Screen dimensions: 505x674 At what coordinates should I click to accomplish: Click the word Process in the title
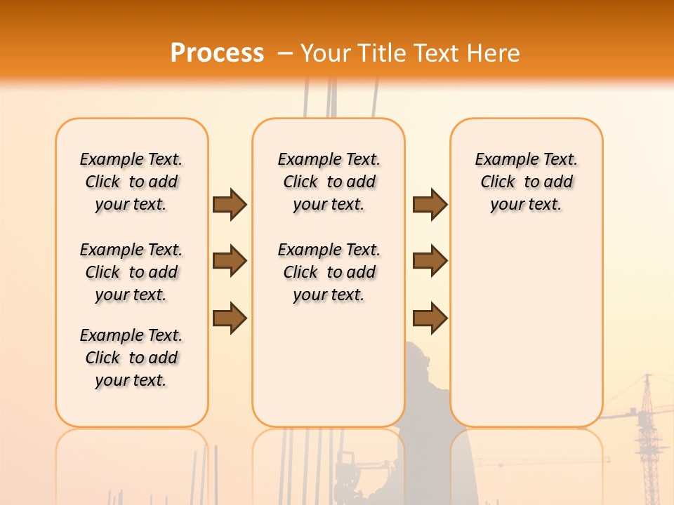pyautogui.click(x=217, y=53)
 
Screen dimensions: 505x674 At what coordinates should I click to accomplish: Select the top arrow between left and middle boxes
pyautogui.click(x=230, y=204)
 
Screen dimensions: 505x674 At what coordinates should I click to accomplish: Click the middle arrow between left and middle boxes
pyautogui.click(x=230, y=261)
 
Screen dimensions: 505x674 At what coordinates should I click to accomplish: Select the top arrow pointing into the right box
pyautogui.click(x=430, y=204)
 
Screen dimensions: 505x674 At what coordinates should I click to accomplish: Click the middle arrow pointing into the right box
pyautogui.click(x=430, y=261)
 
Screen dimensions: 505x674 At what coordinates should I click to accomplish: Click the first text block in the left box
pyautogui.click(x=131, y=182)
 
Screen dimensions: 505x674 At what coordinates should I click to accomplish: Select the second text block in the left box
pyautogui.click(x=131, y=272)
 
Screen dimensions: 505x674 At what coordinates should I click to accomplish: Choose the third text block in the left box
pyautogui.click(x=131, y=358)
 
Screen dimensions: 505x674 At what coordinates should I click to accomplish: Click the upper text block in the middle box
pyautogui.click(x=329, y=182)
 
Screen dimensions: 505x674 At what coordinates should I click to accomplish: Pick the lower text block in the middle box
pyautogui.click(x=329, y=272)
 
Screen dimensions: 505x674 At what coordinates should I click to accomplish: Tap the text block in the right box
pyautogui.click(x=527, y=182)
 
